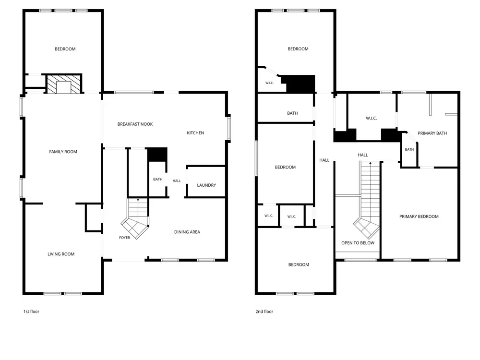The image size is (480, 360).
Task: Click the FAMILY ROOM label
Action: pyautogui.click(x=63, y=152)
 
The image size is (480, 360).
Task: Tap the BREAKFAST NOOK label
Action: pyautogui.click(x=135, y=124)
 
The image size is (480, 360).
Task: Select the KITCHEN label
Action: pyautogui.click(x=195, y=133)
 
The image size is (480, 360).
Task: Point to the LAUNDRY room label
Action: pyautogui.click(x=206, y=185)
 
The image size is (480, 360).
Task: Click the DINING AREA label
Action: pyautogui.click(x=187, y=232)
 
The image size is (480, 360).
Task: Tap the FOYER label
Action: pyautogui.click(x=125, y=238)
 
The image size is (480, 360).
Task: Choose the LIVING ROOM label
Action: pyautogui.click(x=61, y=254)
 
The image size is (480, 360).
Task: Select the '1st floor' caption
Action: pyautogui.click(x=31, y=312)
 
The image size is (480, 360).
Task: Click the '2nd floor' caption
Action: pyautogui.click(x=264, y=312)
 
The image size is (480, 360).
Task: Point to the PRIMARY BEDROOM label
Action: pyautogui.click(x=419, y=216)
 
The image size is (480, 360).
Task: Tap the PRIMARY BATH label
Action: pyautogui.click(x=432, y=133)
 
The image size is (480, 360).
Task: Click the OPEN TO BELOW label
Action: pyautogui.click(x=358, y=243)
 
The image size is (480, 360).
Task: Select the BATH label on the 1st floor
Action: pyautogui.click(x=157, y=180)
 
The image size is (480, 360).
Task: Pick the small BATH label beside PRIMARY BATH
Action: pyautogui.click(x=409, y=149)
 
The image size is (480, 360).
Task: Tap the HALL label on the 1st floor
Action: pyautogui.click(x=177, y=181)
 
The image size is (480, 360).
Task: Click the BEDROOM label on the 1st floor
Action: pyautogui.click(x=65, y=49)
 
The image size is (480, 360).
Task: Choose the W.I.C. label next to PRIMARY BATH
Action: pyautogui.click(x=372, y=119)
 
